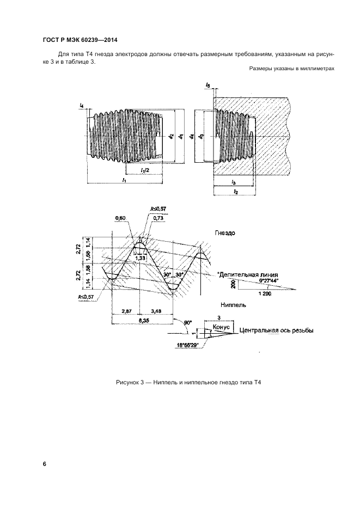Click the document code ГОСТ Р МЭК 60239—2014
(x=79, y=40)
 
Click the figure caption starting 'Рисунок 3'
(x=189, y=383)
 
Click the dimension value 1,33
(x=141, y=258)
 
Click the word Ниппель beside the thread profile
(x=232, y=305)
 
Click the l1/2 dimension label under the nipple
(x=145, y=170)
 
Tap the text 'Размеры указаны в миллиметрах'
(x=291, y=68)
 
